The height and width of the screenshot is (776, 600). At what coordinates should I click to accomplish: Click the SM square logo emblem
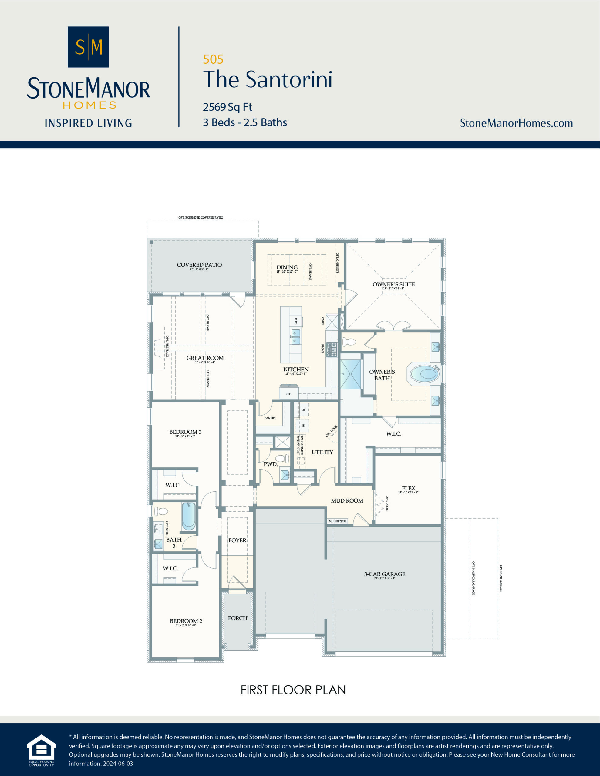click(88, 47)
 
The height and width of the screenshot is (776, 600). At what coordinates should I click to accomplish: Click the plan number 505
click(213, 59)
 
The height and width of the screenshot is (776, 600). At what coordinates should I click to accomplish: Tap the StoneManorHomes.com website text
click(516, 123)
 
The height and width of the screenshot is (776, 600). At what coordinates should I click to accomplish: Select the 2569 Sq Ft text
click(227, 107)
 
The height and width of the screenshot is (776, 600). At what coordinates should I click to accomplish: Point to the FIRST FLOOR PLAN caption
click(293, 690)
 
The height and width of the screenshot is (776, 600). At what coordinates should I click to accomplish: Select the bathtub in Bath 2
click(188, 516)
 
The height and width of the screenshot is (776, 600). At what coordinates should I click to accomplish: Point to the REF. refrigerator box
click(288, 394)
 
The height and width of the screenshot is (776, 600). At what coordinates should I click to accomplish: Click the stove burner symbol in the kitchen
click(332, 349)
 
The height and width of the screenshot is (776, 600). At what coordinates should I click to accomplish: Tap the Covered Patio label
click(199, 265)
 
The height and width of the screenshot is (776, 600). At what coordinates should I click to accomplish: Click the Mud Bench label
click(337, 521)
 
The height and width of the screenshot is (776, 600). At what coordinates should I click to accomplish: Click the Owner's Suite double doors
click(394, 326)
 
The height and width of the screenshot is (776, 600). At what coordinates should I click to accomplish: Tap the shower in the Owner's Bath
click(350, 374)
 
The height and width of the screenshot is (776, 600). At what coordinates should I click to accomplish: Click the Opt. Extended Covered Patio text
click(201, 217)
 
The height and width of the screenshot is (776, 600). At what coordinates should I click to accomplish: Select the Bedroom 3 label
click(185, 432)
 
